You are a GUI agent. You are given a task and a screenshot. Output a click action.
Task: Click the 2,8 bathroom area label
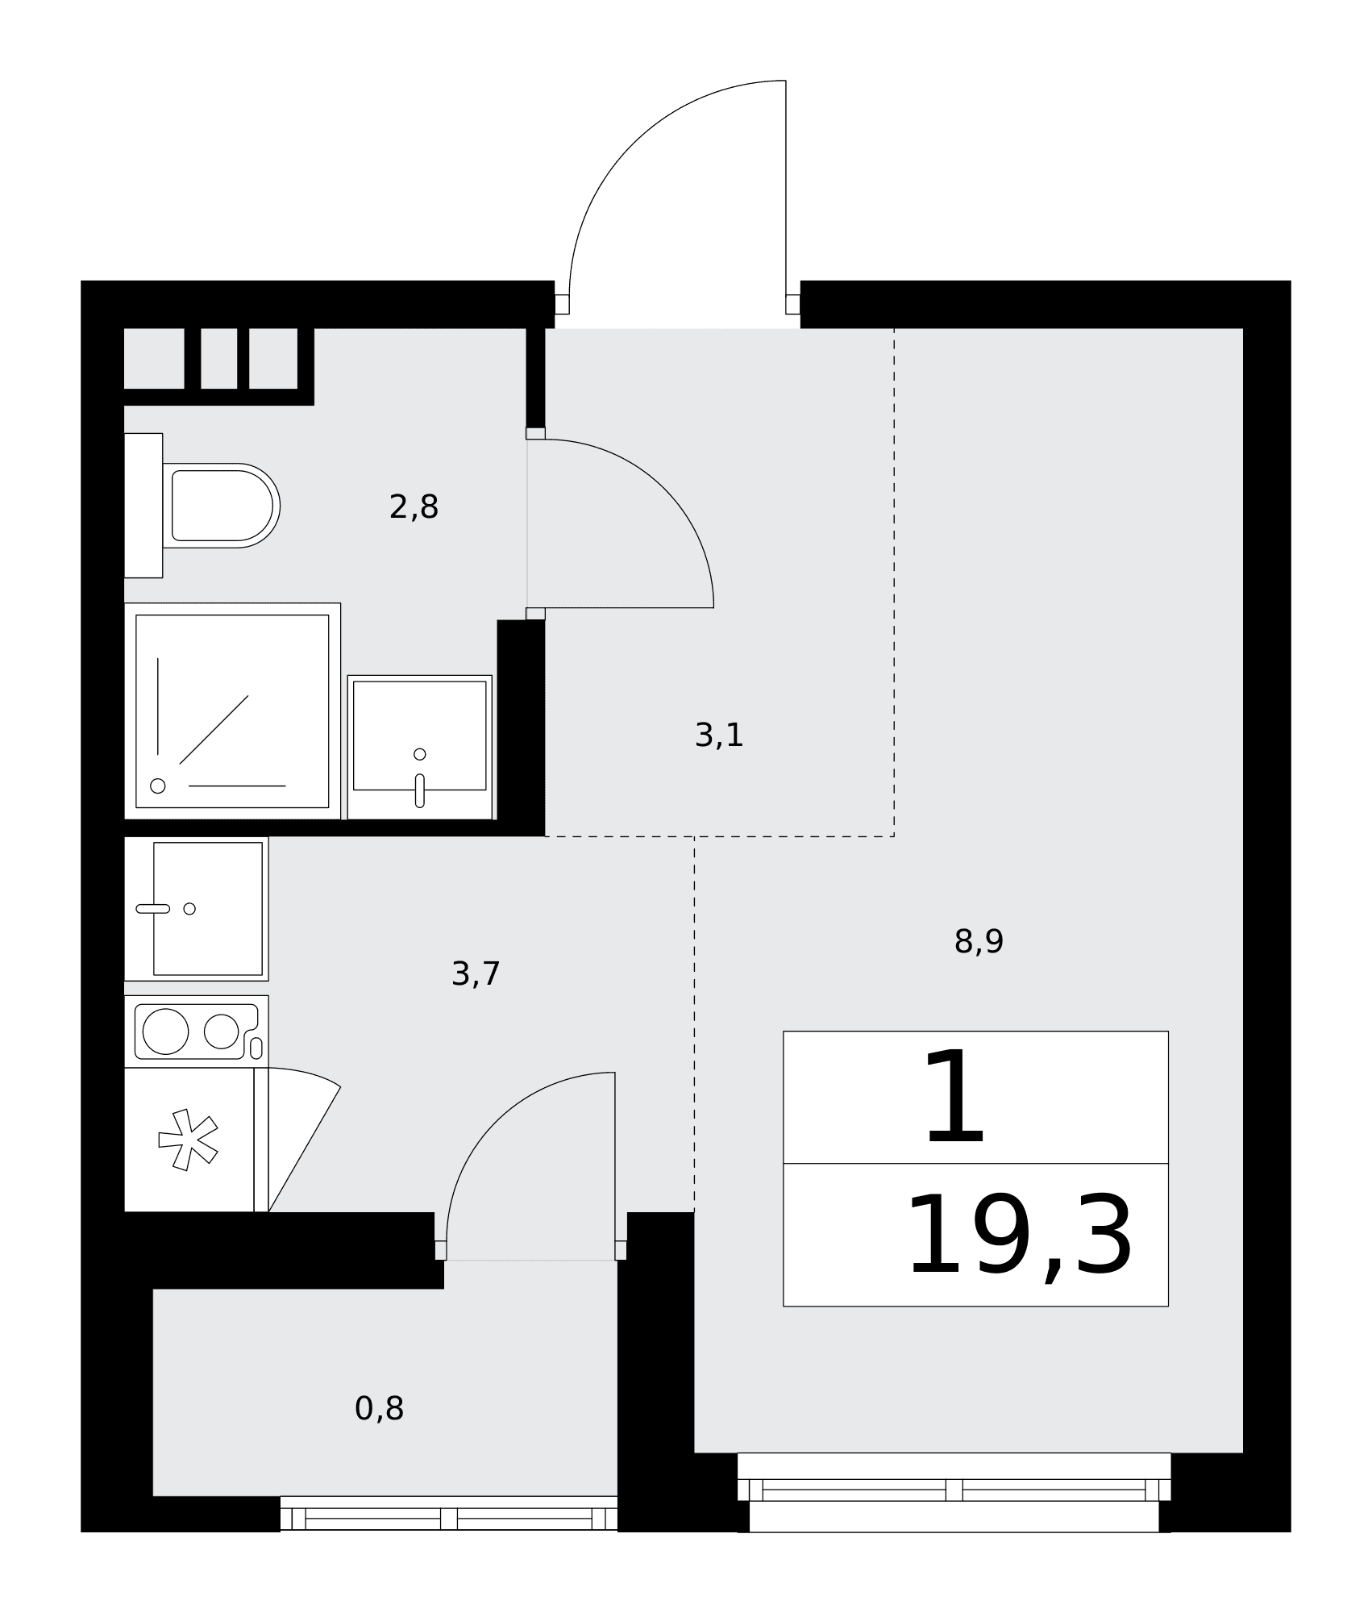414,507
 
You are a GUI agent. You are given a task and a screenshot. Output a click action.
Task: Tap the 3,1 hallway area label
719,736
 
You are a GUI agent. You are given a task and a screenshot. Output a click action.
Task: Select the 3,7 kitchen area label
476,974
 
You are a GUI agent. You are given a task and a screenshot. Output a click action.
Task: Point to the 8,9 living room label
979,941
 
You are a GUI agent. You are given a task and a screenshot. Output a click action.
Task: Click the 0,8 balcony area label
379,1409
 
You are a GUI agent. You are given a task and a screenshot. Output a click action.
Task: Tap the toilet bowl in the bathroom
221,506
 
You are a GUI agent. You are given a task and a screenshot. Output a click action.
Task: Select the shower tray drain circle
158,786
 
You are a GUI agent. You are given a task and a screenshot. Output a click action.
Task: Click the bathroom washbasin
420,747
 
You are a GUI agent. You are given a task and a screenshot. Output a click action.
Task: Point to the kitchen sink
196,909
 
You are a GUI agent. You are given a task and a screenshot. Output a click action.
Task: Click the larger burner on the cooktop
165,1031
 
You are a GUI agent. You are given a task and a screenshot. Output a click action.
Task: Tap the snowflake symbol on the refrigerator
188,1140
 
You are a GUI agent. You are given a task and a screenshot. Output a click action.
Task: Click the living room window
954,1491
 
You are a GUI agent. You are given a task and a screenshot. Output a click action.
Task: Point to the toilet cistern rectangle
143,506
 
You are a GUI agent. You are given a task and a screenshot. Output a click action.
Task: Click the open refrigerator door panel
304,1139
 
